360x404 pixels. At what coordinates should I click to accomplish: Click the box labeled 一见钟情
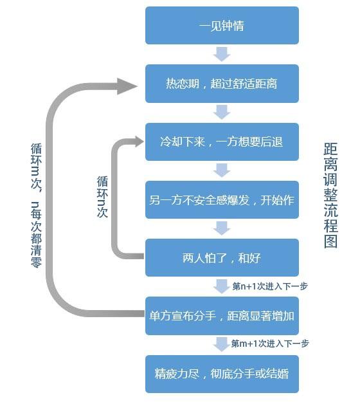click(222, 26)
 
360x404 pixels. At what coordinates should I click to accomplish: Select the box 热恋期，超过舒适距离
click(222, 84)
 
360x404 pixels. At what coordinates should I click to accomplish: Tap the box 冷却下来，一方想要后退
click(222, 142)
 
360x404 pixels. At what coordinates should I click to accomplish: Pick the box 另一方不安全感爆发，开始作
click(222, 200)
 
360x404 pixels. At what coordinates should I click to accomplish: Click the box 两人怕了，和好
click(222, 258)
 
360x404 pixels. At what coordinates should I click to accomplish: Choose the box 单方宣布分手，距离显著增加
click(222, 316)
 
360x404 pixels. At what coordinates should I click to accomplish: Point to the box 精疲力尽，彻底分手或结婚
click(222, 374)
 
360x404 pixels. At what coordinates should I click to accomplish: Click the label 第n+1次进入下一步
click(270, 286)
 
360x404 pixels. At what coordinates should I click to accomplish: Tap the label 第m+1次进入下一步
click(270, 344)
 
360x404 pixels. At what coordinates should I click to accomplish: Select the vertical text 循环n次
click(102, 197)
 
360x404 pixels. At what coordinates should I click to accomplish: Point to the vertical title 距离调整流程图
click(330, 196)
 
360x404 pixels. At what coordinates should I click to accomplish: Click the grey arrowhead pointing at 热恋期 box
click(127, 86)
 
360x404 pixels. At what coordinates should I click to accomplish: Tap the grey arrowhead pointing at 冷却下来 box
click(139, 142)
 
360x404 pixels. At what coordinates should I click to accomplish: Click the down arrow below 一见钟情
click(222, 54)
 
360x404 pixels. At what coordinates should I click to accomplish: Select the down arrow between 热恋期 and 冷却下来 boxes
click(222, 113)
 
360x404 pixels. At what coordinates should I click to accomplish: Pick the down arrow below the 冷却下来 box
click(222, 170)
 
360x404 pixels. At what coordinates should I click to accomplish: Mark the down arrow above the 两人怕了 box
click(222, 228)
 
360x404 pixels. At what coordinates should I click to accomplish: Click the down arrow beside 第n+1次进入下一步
click(222, 286)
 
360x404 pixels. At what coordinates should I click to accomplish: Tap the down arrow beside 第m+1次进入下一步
click(222, 344)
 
